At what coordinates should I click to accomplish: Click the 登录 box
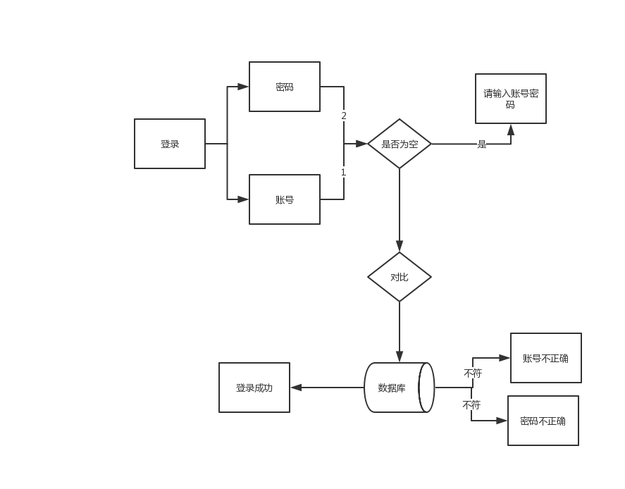(x=170, y=144)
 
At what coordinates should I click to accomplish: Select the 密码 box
(x=285, y=87)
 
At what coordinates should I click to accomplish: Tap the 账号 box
(x=285, y=199)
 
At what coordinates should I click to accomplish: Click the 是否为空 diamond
(x=400, y=144)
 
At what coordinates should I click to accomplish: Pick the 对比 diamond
(x=400, y=277)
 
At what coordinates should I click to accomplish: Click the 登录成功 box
(x=254, y=388)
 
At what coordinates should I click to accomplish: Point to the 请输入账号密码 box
(x=511, y=99)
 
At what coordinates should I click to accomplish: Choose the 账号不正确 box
(x=546, y=358)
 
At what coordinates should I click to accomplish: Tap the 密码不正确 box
(x=543, y=421)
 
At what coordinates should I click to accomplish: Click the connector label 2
(x=344, y=116)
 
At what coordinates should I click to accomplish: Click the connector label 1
(x=344, y=172)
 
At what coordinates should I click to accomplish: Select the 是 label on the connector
(x=482, y=144)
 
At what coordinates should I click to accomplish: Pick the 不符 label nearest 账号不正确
(x=473, y=373)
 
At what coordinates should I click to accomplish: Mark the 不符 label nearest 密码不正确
(x=471, y=404)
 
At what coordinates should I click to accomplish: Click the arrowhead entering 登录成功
(x=296, y=388)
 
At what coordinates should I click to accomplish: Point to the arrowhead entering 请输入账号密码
(x=511, y=130)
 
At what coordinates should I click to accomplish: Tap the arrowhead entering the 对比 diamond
(x=400, y=247)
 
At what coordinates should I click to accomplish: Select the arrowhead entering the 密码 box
(x=243, y=87)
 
